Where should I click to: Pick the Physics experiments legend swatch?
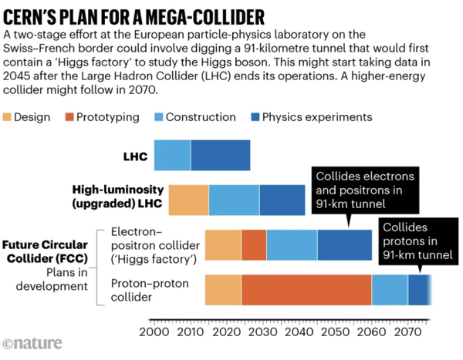251,117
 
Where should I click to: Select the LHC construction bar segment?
172,156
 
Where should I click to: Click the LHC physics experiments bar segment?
220,156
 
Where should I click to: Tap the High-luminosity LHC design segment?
188,200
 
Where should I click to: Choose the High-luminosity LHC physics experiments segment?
282,200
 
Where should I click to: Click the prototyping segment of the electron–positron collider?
254,244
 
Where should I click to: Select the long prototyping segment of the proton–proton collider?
306,289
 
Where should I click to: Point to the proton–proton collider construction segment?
390,289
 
